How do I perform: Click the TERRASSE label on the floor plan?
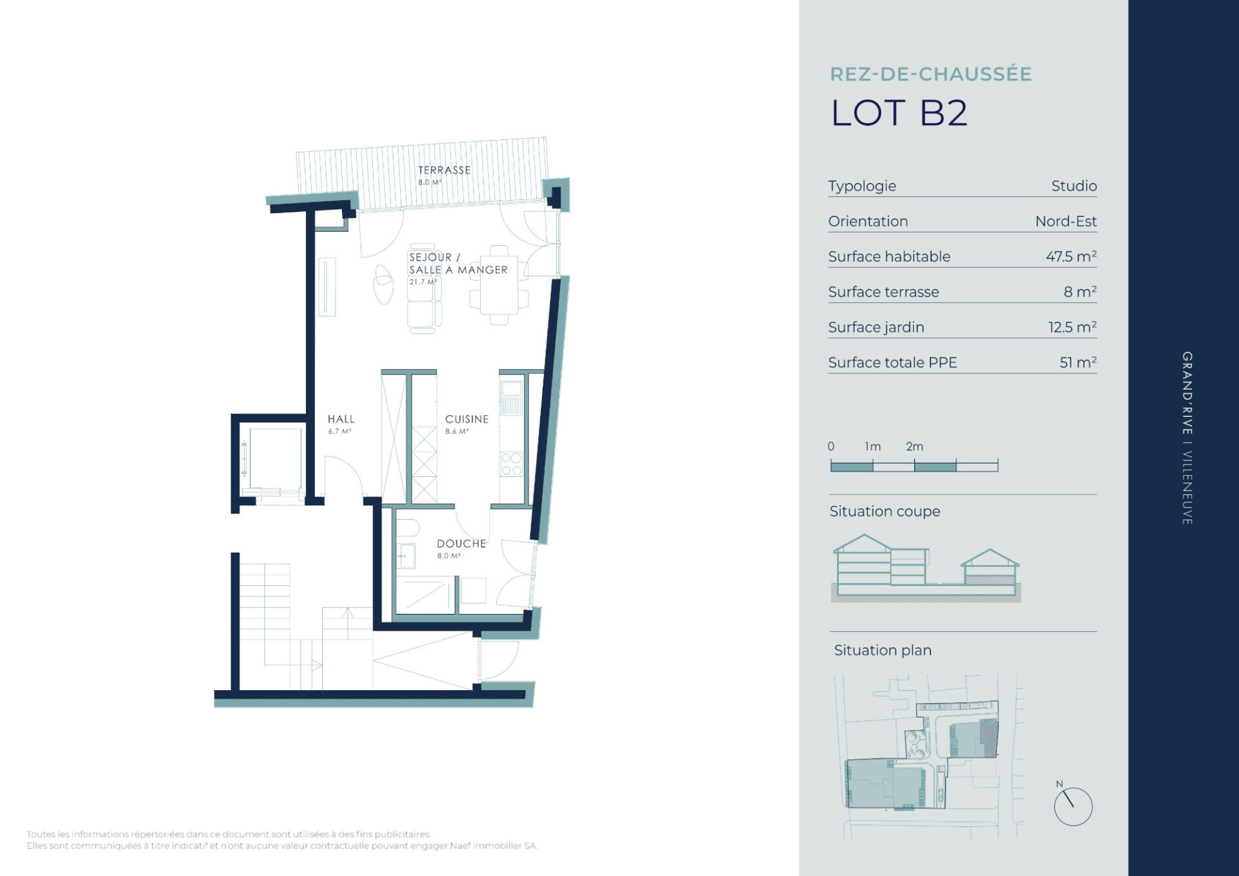pos(444,170)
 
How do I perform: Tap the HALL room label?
pos(341,419)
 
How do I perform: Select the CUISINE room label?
pos(467,419)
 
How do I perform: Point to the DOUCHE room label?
pos(461,544)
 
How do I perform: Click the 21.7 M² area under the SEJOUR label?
pos(423,282)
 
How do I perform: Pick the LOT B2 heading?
pos(899,113)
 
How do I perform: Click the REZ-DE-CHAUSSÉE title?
pos(931,74)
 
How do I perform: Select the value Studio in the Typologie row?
pos(1074,186)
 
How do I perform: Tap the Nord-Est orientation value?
pos(1066,221)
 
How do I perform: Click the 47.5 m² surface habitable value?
pos(1071,256)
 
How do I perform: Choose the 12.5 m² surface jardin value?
pos(1073,327)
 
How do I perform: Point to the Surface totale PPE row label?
pos(892,363)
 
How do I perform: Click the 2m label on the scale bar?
pos(914,446)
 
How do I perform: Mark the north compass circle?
pos(1073,806)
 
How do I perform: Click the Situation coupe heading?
pos(885,511)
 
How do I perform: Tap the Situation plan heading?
pos(883,650)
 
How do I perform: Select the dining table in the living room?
pos(499,285)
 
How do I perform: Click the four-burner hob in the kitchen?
pos(511,463)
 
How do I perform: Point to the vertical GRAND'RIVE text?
pos(1187,393)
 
